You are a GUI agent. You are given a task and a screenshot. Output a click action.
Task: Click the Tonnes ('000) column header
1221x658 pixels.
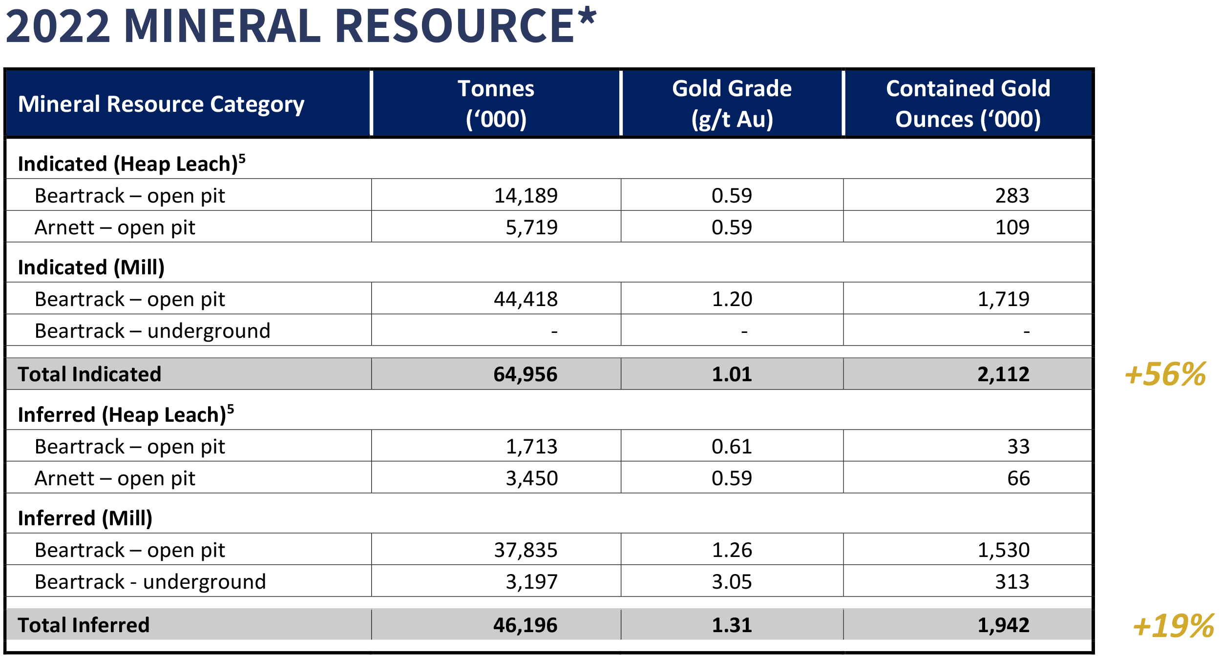[496, 103]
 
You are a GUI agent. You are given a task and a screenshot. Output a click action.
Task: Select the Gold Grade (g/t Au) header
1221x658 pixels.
[732, 103]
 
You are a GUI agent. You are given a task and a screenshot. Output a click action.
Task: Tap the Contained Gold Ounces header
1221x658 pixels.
[968, 103]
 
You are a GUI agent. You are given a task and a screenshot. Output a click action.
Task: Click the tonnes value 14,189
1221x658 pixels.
[526, 196]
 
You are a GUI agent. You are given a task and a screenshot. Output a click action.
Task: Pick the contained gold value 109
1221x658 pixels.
[1012, 227]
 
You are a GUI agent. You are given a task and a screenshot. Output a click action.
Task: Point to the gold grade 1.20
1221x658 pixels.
[732, 299]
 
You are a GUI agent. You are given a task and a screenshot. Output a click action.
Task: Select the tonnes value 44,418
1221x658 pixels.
[526, 299]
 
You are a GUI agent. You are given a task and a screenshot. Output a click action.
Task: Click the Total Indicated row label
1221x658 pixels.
[89, 374]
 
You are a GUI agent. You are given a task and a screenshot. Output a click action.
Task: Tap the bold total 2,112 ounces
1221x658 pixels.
[1003, 374]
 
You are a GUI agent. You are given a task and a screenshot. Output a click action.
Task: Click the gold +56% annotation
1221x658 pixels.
[1165, 374]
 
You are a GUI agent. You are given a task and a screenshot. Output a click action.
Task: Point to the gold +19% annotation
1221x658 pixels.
[1173, 626]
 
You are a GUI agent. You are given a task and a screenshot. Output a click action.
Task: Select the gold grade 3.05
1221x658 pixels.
[732, 582]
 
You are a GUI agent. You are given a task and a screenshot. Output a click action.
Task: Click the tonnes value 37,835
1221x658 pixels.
[526, 550]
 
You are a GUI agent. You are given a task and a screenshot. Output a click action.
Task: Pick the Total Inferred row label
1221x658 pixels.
[84, 625]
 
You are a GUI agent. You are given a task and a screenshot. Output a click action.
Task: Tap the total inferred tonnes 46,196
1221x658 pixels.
[525, 625]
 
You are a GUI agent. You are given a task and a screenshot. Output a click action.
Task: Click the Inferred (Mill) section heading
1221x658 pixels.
[85, 518]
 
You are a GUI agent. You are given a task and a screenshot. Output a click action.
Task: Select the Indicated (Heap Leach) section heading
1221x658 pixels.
[131, 164]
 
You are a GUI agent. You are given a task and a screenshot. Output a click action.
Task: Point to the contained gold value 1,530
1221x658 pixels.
[1003, 550]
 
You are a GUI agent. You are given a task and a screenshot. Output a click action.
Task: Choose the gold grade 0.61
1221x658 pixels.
[732, 447]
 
